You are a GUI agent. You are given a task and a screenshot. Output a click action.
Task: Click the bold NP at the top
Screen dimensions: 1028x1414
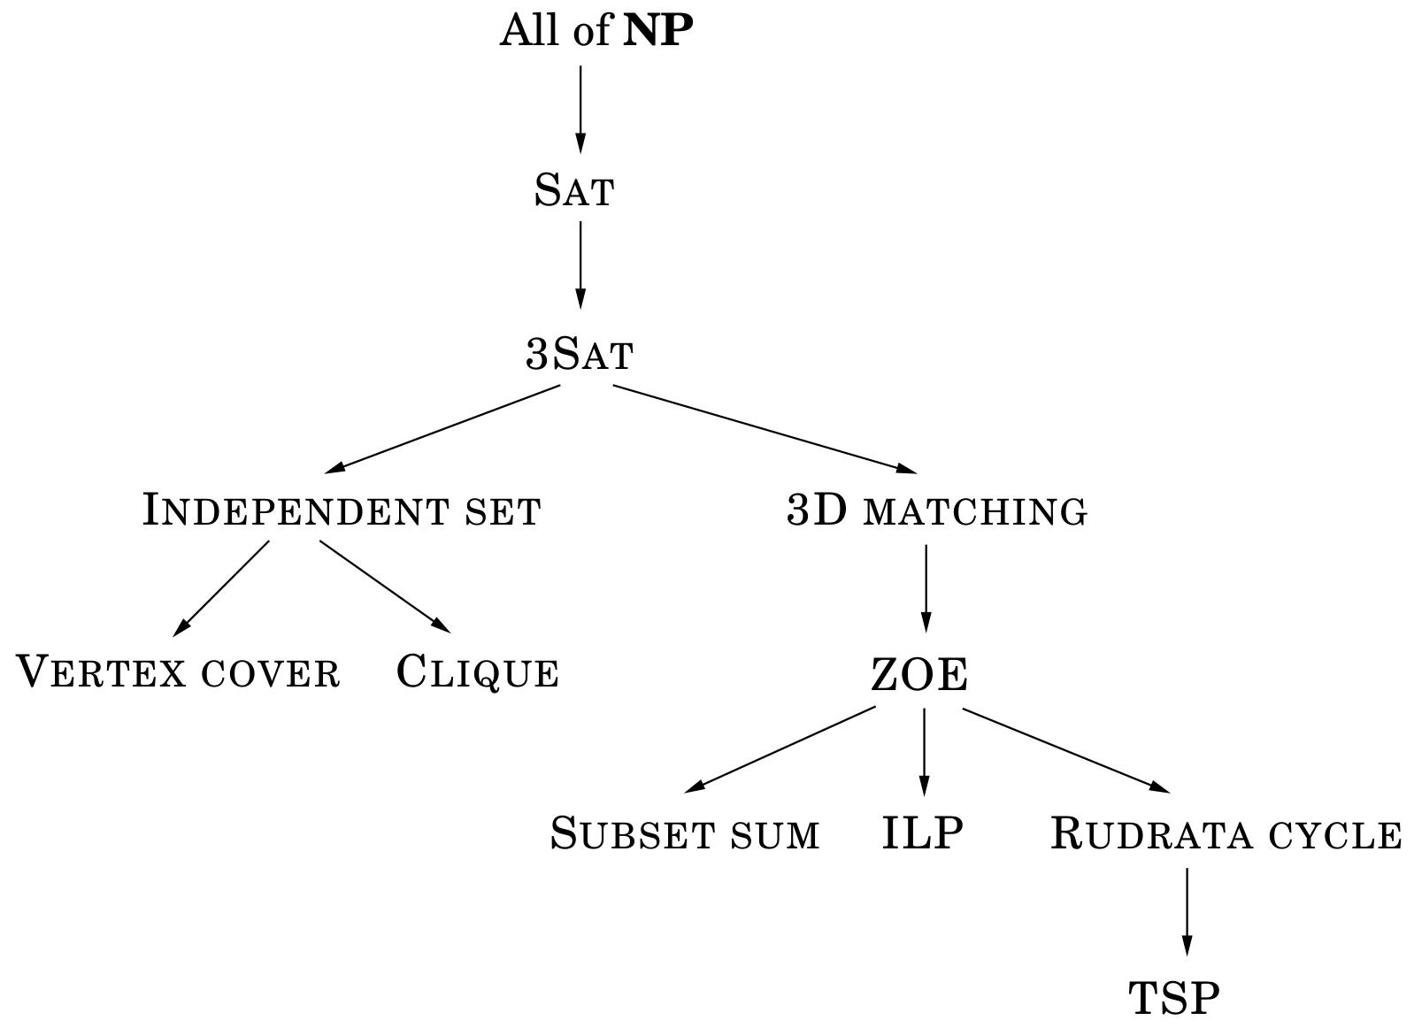(x=658, y=31)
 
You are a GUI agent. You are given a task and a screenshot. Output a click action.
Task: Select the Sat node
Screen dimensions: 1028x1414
(x=574, y=190)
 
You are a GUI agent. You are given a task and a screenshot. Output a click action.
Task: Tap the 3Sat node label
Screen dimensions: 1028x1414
(x=580, y=354)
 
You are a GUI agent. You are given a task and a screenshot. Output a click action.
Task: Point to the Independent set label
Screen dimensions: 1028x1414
(x=342, y=510)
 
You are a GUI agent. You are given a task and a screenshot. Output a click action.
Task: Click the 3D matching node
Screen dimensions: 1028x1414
(x=937, y=510)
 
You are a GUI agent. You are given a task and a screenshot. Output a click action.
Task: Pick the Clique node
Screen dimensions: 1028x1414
(x=478, y=671)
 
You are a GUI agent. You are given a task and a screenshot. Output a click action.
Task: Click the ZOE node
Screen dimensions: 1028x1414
(x=920, y=675)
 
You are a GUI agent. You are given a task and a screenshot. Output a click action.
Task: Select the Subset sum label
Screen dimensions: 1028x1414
(x=685, y=833)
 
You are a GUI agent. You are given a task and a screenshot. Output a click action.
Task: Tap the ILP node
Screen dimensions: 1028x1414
(x=923, y=832)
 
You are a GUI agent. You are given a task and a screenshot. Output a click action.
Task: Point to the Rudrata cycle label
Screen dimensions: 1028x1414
(x=1226, y=834)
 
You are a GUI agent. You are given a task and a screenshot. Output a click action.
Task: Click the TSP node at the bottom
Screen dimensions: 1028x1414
(x=1174, y=998)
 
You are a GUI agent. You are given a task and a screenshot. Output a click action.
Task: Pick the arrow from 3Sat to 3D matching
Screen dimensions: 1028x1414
(x=765, y=428)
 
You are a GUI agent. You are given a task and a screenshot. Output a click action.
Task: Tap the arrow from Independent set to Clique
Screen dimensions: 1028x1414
(x=385, y=587)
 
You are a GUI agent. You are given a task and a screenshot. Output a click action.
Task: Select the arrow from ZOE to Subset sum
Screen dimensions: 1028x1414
(x=781, y=748)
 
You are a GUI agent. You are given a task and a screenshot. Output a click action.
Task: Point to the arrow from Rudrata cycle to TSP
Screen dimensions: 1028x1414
(x=1187, y=911)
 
